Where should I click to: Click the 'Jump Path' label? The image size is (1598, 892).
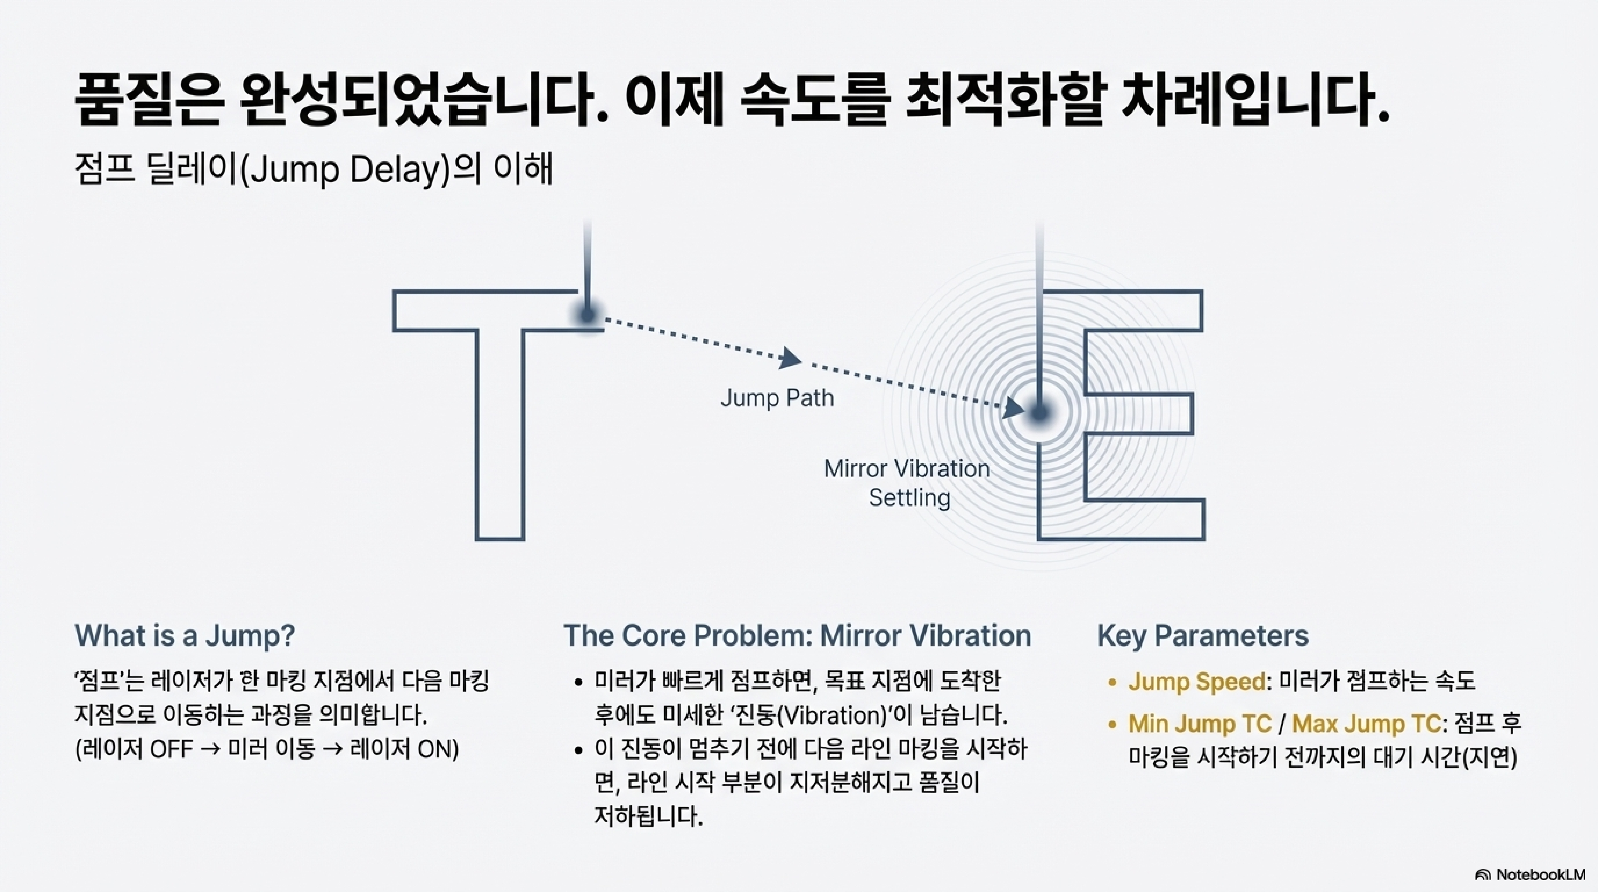pyautogui.click(x=777, y=397)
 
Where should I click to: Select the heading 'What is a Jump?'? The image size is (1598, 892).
pyautogui.click(x=185, y=635)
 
